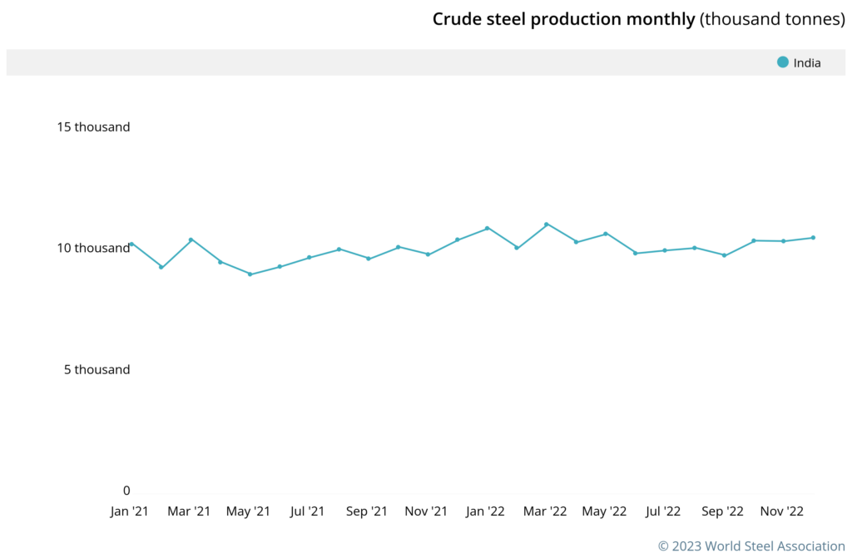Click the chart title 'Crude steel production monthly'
point(563,19)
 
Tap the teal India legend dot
point(782,62)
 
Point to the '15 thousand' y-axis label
point(93,127)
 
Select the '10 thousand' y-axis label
point(93,248)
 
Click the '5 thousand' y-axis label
point(97,369)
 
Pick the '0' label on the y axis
point(126,491)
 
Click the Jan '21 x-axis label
point(130,511)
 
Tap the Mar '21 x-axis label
point(189,511)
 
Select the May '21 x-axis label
point(248,511)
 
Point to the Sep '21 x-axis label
point(367,511)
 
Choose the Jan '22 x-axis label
point(485,511)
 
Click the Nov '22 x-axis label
point(781,511)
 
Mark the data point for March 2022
point(547,225)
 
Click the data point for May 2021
point(250,274)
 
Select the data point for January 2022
point(488,228)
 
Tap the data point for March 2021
point(191,239)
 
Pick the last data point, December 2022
point(813,238)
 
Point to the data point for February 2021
point(161,267)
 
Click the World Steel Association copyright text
point(751,546)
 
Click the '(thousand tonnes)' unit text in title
point(772,19)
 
